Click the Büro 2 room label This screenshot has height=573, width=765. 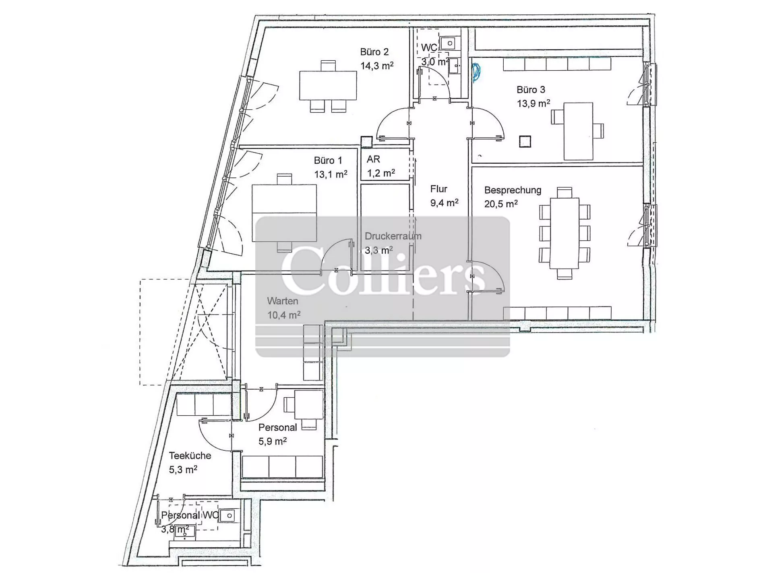(374, 52)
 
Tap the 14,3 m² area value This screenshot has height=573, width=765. (377, 66)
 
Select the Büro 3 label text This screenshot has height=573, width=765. (531, 89)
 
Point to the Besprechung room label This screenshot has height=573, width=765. (513, 190)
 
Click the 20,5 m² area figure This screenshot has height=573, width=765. (501, 203)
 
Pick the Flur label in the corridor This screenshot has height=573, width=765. (438, 189)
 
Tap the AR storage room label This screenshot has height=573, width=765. (373, 159)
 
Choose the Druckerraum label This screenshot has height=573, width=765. (393, 236)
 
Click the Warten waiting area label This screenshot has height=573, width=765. (283, 301)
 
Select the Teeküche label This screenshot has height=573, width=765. (190, 456)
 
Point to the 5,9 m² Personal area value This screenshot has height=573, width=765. (273, 441)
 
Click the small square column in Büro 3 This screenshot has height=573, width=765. (525, 142)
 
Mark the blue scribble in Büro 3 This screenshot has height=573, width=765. (476, 72)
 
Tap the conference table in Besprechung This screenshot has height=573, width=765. (564, 233)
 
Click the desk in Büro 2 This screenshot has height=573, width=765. (328, 86)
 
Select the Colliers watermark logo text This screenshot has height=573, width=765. (383, 269)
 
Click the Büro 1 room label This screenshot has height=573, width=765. (328, 161)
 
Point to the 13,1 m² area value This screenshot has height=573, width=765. (331, 175)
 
